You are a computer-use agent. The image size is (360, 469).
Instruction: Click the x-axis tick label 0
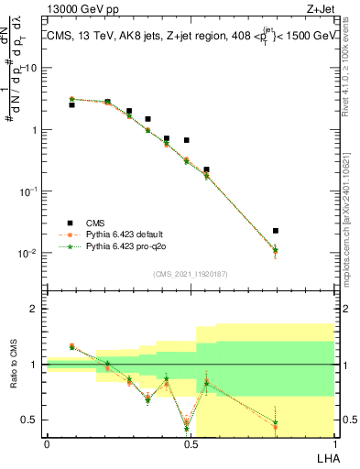(x=47, y=444)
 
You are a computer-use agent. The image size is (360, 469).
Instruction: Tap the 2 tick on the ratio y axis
(x=36, y=309)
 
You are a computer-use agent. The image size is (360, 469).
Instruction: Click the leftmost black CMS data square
(x=71, y=105)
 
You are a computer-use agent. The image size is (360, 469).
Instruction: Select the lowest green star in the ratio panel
(x=187, y=428)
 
